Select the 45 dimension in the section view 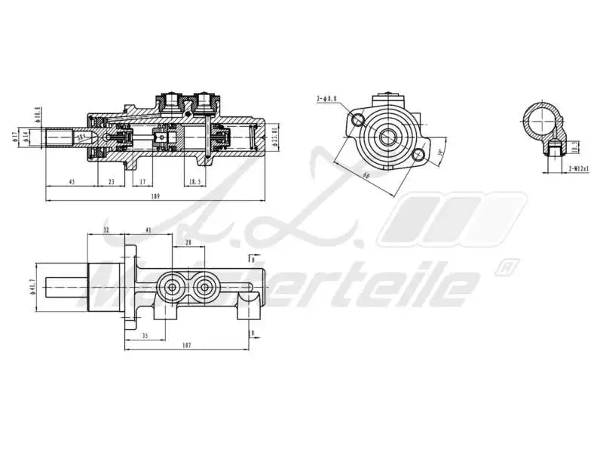[72, 181]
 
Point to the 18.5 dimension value [194, 181]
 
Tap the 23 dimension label [111, 181]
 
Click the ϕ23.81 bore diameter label [276, 136]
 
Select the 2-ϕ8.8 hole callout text [327, 98]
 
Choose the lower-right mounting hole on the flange [419, 155]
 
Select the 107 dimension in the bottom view [186, 346]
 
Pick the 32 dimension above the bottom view [106, 230]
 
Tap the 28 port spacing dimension [188, 242]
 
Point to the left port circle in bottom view [173, 287]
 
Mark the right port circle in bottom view [203, 287]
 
